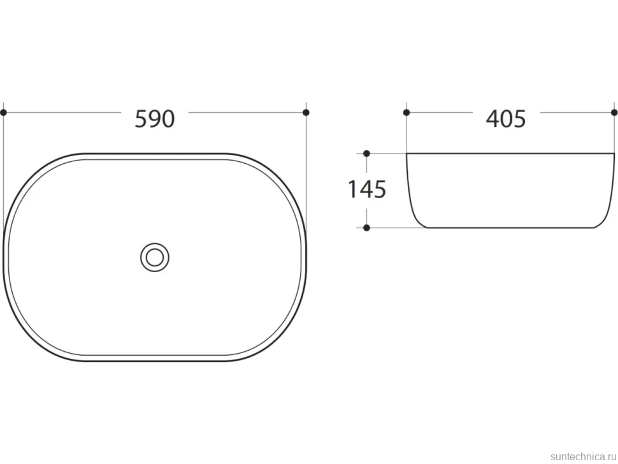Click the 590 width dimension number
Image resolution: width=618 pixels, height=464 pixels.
tap(154, 119)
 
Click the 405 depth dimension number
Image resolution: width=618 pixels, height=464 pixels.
tap(506, 119)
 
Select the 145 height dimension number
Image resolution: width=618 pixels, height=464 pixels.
tap(367, 189)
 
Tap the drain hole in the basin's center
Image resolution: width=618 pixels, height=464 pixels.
tap(155, 257)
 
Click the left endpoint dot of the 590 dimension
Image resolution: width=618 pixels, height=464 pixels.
tap(4, 112)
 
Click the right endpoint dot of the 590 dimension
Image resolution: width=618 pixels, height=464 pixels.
tap(306, 112)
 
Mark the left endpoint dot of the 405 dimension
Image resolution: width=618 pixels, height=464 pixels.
tap(406, 112)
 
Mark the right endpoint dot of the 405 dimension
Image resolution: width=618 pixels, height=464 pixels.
tap(614, 112)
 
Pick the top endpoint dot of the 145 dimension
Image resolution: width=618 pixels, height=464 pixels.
tap(366, 154)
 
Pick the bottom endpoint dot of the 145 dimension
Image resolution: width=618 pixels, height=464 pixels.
tap(366, 228)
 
